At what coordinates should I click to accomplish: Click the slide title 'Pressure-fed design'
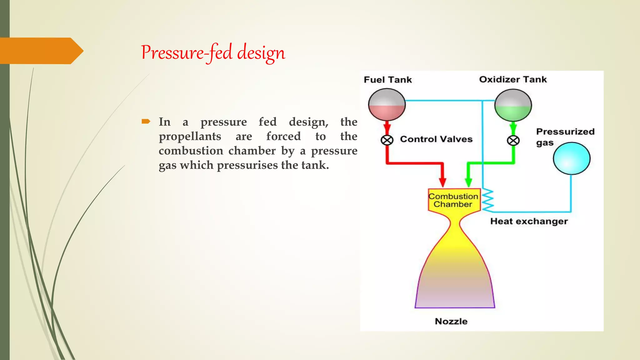click(213, 52)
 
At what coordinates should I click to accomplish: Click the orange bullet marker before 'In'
click(146, 121)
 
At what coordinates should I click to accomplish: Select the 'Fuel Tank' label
click(387, 80)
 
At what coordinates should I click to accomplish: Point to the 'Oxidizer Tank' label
click(513, 79)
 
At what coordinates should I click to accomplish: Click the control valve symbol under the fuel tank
click(387, 140)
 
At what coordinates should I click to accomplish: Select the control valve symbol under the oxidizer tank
click(513, 141)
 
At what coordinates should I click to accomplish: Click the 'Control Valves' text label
click(436, 139)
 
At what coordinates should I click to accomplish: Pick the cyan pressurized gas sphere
click(572, 158)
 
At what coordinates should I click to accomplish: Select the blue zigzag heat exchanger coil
click(487, 200)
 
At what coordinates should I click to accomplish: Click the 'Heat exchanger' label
click(529, 221)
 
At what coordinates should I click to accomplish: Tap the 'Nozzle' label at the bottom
click(451, 321)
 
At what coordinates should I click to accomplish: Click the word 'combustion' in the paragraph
click(191, 151)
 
